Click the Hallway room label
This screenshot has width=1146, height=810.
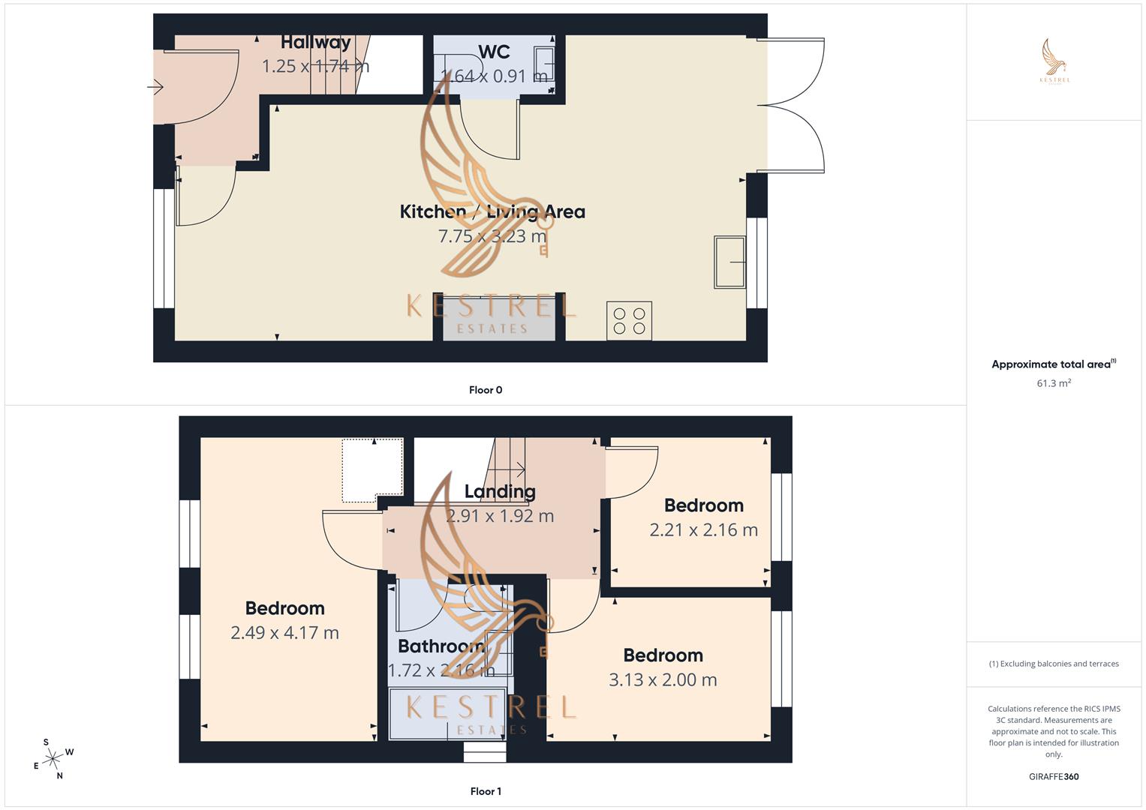pyautogui.click(x=316, y=43)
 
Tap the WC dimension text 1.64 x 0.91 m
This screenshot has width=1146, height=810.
pyautogui.click(x=494, y=76)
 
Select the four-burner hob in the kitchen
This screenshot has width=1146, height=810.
pyautogui.click(x=629, y=321)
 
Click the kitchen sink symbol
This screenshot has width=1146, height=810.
pyautogui.click(x=729, y=262)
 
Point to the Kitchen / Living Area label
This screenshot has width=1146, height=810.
pyautogui.click(x=492, y=212)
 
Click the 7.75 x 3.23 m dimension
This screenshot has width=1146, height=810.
pyautogui.click(x=492, y=236)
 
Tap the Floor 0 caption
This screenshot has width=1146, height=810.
pyautogui.click(x=486, y=390)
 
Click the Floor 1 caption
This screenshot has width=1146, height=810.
pyautogui.click(x=486, y=791)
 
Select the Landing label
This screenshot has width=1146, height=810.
pyautogui.click(x=500, y=492)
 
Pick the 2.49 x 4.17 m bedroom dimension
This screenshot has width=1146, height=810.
pyautogui.click(x=284, y=633)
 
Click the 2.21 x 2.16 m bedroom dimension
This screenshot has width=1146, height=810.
pyautogui.click(x=703, y=530)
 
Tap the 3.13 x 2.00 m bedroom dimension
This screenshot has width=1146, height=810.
pyautogui.click(x=663, y=680)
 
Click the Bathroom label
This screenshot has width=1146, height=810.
pyautogui.click(x=441, y=646)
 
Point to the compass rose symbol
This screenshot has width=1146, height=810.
pyautogui.click(x=53, y=759)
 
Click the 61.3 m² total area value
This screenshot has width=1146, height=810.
pyautogui.click(x=1054, y=383)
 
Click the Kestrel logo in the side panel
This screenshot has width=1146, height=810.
pyautogui.click(x=1054, y=61)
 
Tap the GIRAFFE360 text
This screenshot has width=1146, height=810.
pyautogui.click(x=1054, y=777)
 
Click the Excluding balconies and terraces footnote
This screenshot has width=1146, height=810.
pyautogui.click(x=1054, y=664)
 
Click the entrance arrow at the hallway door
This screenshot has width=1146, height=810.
pyautogui.click(x=155, y=88)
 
